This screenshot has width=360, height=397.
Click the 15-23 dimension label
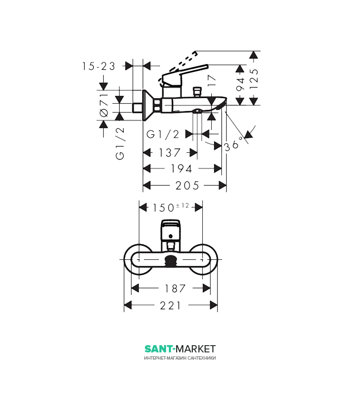coord(99,66)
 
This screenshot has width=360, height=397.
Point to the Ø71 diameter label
coord(104,105)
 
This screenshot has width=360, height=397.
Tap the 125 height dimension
coord(254,79)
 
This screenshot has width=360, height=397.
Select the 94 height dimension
coord(240,84)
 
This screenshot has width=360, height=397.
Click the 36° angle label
coord(233,144)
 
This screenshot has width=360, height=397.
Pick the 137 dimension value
coord(169,153)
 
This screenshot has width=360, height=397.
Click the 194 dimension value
coord(181,168)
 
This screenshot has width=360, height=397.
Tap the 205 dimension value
coord(187,186)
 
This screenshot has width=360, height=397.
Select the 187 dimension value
coord(175,288)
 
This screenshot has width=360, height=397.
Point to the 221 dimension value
coord(171,306)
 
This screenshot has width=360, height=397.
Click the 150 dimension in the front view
coord(163,208)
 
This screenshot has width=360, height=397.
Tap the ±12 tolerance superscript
coord(182,205)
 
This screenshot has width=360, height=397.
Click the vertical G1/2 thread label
coord(120,143)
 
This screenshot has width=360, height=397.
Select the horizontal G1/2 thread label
coord(163,134)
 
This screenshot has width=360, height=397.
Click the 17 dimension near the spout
coord(212,81)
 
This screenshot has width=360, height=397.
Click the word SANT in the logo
coord(158,349)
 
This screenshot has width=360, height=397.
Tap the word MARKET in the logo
coord(196,349)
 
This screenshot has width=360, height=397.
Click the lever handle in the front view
coord(171,229)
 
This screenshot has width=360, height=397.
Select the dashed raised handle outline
coord(178,67)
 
